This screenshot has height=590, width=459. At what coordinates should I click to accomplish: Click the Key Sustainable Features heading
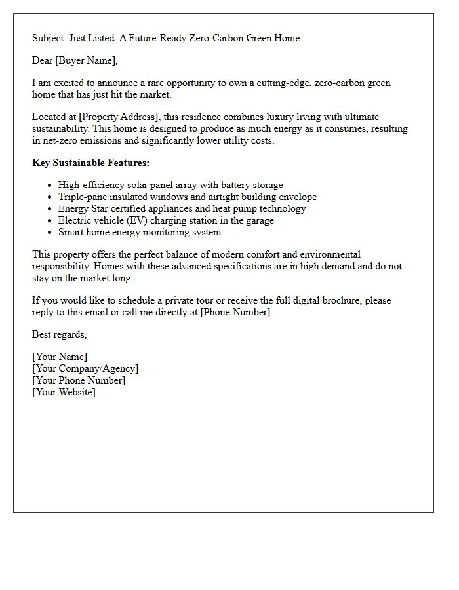(x=90, y=163)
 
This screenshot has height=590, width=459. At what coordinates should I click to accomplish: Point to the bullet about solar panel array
(x=170, y=186)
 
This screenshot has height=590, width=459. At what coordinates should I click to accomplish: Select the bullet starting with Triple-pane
(x=187, y=197)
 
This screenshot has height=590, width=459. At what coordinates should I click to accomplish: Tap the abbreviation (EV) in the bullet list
(x=140, y=221)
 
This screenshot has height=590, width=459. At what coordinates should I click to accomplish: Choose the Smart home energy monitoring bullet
(x=140, y=233)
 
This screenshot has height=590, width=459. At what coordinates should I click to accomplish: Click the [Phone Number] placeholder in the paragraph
(x=235, y=312)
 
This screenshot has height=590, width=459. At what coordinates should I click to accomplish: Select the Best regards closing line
(x=59, y=335)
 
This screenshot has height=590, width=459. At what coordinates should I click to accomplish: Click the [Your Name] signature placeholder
(x=60, y=357)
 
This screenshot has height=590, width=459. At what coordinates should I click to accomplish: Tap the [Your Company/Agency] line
(x=85, y=369)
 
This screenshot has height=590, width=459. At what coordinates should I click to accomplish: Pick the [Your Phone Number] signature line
(x=79, y=381)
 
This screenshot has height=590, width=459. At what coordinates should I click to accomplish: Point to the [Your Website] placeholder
(x=64, y=393)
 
